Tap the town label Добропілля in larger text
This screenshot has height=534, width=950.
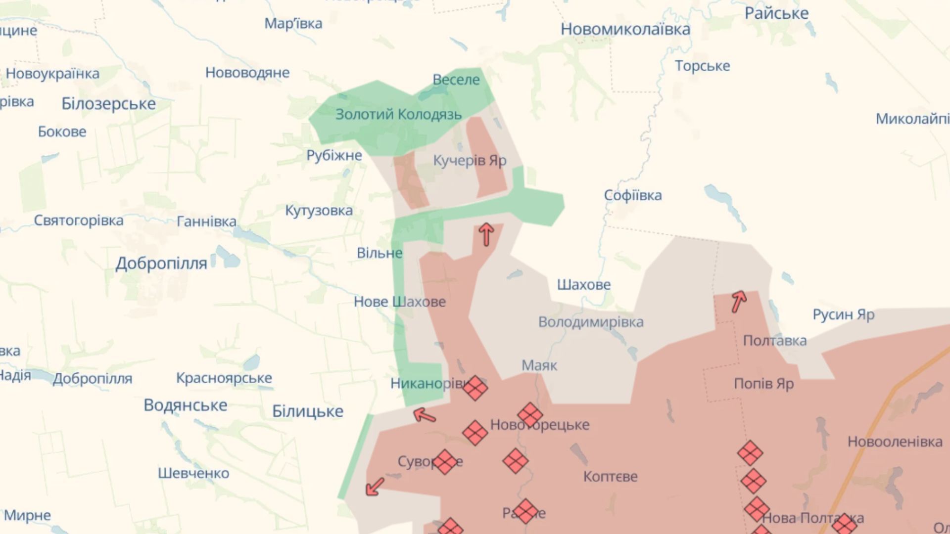point(161,264)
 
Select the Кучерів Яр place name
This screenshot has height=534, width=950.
point(470,161)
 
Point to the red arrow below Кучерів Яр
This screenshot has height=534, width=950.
point(486,234)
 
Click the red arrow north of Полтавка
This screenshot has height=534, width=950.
point(739,301)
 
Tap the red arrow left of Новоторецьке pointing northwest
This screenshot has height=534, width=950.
point(425,415)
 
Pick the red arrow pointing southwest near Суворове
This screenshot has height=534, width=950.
point(375,486)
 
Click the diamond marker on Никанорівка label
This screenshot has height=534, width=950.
point(475,388)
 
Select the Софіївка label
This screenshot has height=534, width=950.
point(632,195)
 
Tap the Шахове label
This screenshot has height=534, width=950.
point(584,285)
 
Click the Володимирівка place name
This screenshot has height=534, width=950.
point(591,322)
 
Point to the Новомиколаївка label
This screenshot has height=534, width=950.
point(625,29)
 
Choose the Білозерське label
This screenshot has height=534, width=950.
point(108,104)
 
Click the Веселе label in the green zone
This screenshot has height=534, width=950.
point(456,80)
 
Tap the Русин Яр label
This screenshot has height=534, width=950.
point(843,314)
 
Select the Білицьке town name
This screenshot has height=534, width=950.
point(307,411)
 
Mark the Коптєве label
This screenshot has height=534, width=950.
point(610,477)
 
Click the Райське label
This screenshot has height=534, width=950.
point(776,13)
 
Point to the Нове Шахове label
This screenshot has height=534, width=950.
point(399,302)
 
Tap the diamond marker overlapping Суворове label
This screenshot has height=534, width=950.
point(444,462)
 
